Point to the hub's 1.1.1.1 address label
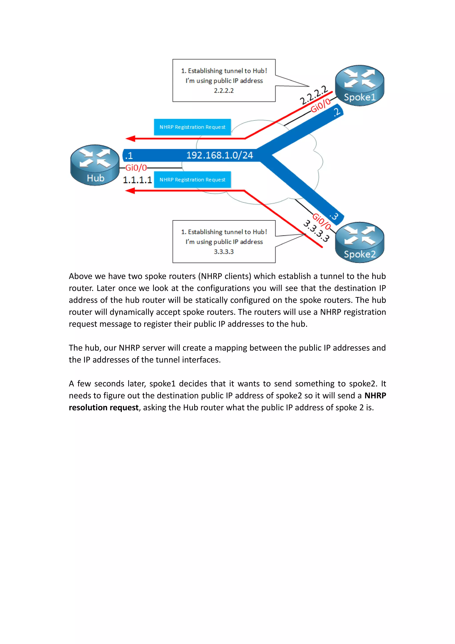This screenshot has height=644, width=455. click(137, 180)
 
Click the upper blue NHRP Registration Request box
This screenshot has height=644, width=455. click(192, 127)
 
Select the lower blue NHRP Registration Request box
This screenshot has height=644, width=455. click(192, 179)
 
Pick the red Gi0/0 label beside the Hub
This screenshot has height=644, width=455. click(136, 168)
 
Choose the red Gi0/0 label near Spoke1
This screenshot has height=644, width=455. click(321, 105)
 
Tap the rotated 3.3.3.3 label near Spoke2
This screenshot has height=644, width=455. click(316, 231)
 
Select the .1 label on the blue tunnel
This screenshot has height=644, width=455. click(129, 155)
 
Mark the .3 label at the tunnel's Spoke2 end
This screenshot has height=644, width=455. click(334, 216)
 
